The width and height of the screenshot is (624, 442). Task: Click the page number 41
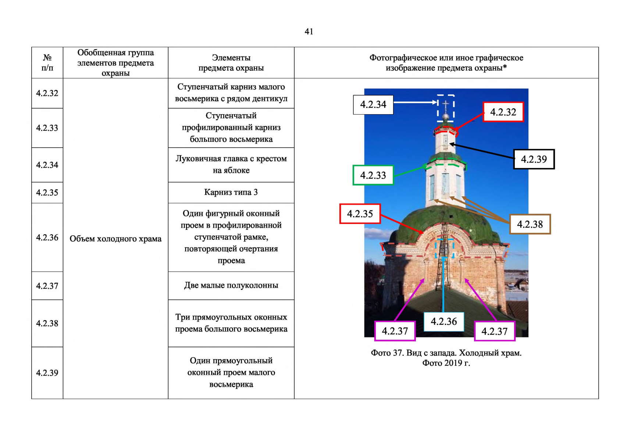click(x=309, y=32)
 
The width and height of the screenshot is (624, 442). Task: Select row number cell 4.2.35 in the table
click(x=47, y=193)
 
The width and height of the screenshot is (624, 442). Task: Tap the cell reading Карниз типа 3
click(x=231, y=193)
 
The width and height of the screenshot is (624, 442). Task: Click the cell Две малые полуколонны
click(x=231, y=286)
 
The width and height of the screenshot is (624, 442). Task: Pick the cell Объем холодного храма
click(x=115, y=239)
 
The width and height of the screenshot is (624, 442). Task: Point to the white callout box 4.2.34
click(x=373, y=105)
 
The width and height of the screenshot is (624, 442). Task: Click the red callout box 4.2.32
click(x=503, y=112)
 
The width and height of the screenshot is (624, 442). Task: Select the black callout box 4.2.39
click(x=534, y=159)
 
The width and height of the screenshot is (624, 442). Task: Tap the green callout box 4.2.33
click(x=373, y=175)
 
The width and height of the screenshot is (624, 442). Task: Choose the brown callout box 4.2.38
click(x=530, y=224)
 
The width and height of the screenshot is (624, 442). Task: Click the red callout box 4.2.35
click(x=360, y=214)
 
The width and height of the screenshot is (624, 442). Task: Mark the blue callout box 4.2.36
click(x=444, y=322)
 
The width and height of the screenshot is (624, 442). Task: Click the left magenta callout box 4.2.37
click(x=395, y=331)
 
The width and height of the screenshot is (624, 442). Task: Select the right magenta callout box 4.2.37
click(x=495, y=331)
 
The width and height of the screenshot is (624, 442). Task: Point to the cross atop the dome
click(x=446, y=105)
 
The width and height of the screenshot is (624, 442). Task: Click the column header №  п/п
click(x=47, y=63)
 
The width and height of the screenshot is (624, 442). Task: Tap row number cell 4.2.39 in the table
click(x=47, y=373)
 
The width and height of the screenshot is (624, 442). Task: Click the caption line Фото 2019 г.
click(x=446, y=363)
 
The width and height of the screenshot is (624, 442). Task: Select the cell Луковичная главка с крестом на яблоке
click(x=231, y=165)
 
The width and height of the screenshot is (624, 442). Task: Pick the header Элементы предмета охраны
click(x=231, y=63)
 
